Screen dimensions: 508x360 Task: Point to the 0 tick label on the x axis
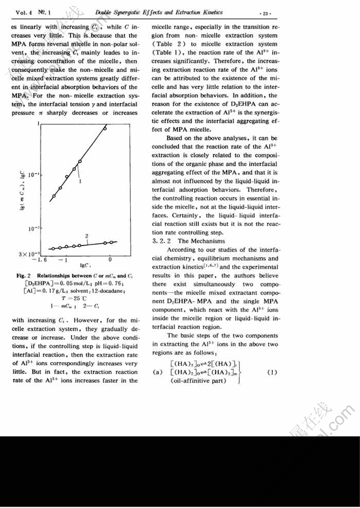point(110,259)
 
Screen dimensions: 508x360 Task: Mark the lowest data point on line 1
point(52,197)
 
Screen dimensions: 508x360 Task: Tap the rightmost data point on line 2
point(112,242)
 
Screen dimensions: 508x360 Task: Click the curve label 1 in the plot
point(80,182)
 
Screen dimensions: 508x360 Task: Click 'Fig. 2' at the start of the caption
point(24,276)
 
